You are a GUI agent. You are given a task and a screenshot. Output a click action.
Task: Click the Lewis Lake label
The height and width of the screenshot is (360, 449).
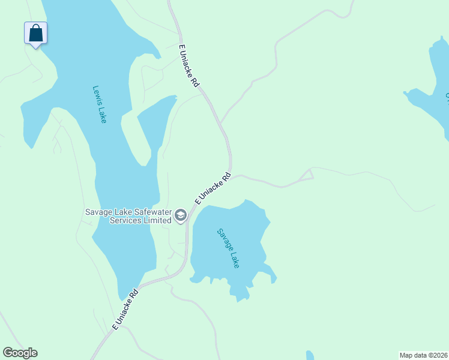pos(100,104)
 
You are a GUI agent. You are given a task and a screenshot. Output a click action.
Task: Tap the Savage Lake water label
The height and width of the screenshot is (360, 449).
pos(228,248)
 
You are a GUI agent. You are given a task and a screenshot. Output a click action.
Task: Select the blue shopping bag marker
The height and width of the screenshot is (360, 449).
pos(35,33)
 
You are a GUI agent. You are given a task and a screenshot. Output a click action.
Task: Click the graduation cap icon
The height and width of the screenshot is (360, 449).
pos(181,215)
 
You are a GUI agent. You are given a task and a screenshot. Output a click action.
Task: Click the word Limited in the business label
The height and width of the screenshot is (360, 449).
pos(157,220)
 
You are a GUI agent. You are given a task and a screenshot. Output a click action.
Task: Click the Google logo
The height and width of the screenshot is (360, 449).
pos(20,353)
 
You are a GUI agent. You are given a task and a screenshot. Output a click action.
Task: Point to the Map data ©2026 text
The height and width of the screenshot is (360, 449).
pos(423,355)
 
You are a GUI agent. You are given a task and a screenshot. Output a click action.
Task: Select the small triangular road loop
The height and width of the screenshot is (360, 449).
pos(307,175)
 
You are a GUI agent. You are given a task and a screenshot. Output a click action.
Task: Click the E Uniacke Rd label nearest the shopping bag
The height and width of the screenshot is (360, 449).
pos(188,66)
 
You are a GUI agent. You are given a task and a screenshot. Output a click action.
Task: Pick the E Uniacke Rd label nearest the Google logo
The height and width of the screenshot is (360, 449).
pos(125,310)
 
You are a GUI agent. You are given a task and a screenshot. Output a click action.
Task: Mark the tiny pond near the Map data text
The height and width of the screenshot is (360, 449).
pos(310,355)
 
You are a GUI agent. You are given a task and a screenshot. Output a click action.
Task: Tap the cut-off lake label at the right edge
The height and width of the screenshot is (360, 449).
pos(447,96)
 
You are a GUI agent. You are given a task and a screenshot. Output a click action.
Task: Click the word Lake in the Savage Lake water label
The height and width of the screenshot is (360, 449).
pos(234,259)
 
